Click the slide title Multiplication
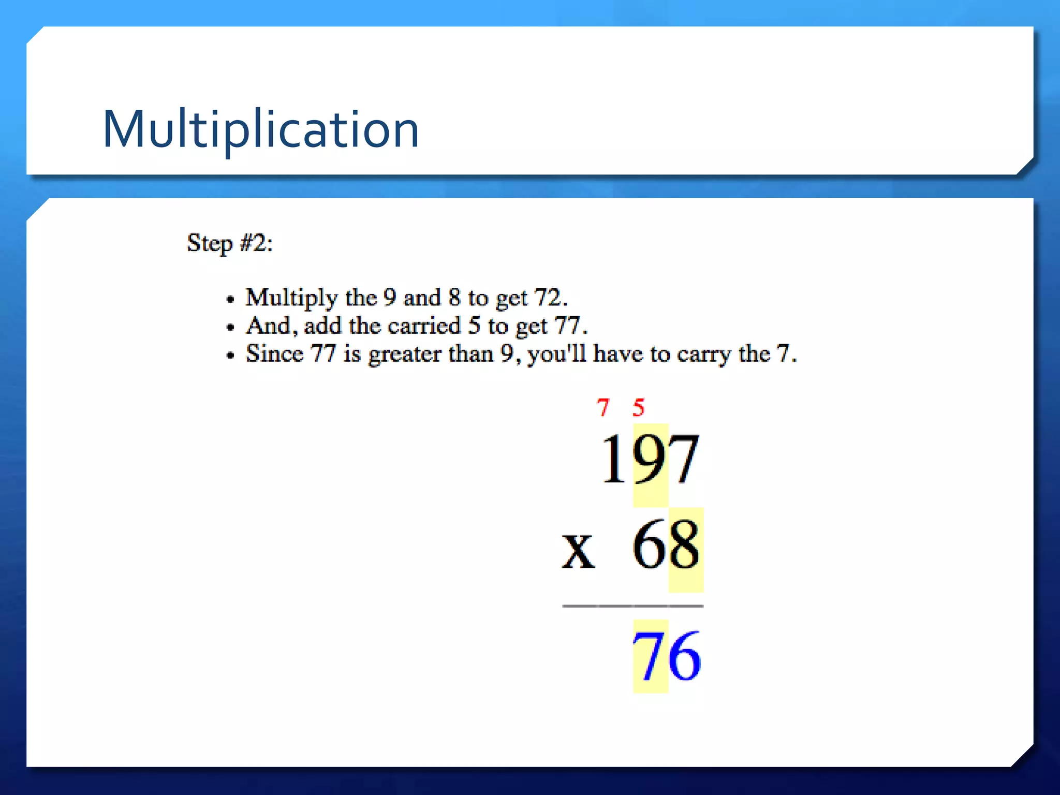(261, 129)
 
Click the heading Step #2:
(230, 243)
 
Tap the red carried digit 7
(603, 408)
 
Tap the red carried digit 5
(639, 408)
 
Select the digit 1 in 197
(614, 459)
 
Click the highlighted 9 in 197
(650, 460)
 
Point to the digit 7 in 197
(684, 459)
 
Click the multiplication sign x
(578, 551)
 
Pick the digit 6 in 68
(650, 546)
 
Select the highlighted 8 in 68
(685, 546)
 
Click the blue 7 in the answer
(650, 656)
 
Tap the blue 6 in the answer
(685, 656)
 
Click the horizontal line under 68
(632, 606)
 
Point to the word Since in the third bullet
(274, 354)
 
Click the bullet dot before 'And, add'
(231, 327)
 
